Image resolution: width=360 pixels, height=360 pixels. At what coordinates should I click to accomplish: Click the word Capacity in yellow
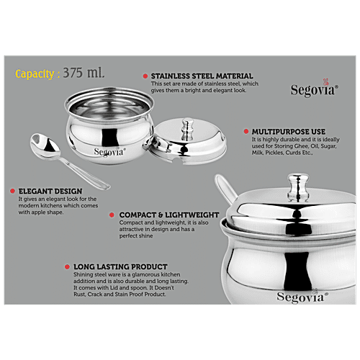coord(35,73)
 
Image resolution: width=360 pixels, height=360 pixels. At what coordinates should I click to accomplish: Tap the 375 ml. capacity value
coord(85,73)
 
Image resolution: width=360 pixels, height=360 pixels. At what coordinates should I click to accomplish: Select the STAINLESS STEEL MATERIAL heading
coord(202,76)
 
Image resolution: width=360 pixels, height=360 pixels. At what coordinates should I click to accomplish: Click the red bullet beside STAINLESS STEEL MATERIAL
coord(145,76)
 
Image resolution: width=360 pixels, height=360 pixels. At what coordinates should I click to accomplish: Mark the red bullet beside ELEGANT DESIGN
coord(12,192)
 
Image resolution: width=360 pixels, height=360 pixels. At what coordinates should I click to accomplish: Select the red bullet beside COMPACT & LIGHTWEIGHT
coord(111,215)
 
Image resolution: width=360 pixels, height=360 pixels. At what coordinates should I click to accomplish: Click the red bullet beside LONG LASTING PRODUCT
coord(67,266)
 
